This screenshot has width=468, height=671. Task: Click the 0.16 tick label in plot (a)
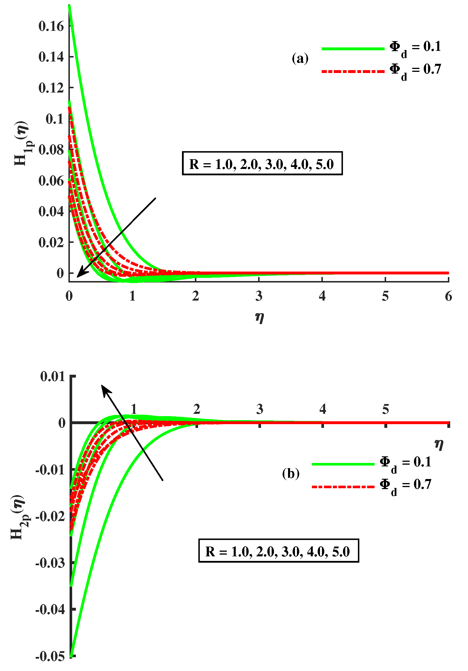pos(51,26)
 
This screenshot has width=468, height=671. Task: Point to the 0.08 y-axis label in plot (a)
pos(51,150)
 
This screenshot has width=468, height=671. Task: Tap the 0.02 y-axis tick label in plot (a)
pos(51,242)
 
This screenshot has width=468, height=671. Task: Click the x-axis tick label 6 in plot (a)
pos(448,296)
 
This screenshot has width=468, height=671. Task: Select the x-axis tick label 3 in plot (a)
pos(259,296)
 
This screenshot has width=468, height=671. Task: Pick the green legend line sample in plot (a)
pos(353,49)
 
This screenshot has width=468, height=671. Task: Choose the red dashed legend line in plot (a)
pos(353,71)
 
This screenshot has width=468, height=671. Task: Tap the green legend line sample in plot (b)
pos(343,464)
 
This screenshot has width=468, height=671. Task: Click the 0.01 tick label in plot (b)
pos(53,377)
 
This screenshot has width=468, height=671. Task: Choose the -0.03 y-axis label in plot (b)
pos(50,563)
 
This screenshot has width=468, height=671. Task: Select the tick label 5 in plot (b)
pos(385,409)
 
